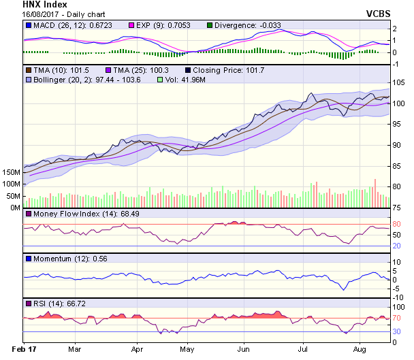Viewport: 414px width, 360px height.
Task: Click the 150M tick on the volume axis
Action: click(x=11, y=173)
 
